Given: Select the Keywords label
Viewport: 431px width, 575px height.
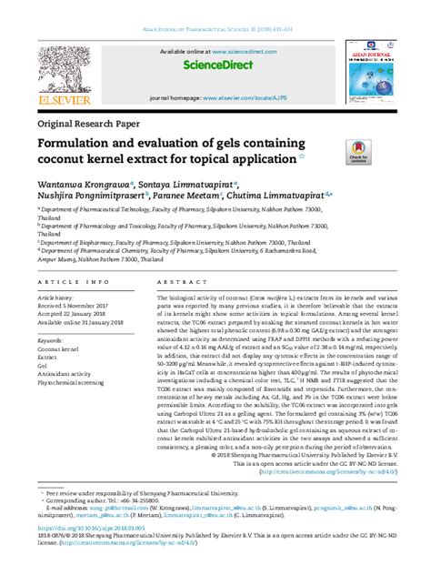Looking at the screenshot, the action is pos(51,340).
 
